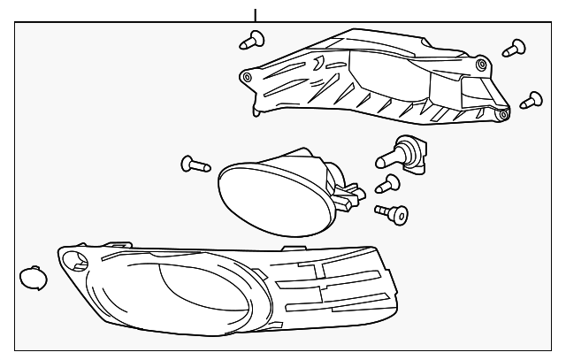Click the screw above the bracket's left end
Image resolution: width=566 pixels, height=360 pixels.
click(x=253, y=39)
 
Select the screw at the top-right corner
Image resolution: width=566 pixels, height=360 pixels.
click(x=514, y=47)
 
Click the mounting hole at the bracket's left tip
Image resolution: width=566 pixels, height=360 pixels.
click(x=246, y=77)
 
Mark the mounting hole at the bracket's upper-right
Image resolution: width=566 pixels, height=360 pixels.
click(x=481, y=65)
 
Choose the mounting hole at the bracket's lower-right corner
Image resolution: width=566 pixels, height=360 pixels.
click(x=502, y=114)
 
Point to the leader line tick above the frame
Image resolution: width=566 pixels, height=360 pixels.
click(x=256, y=14)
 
